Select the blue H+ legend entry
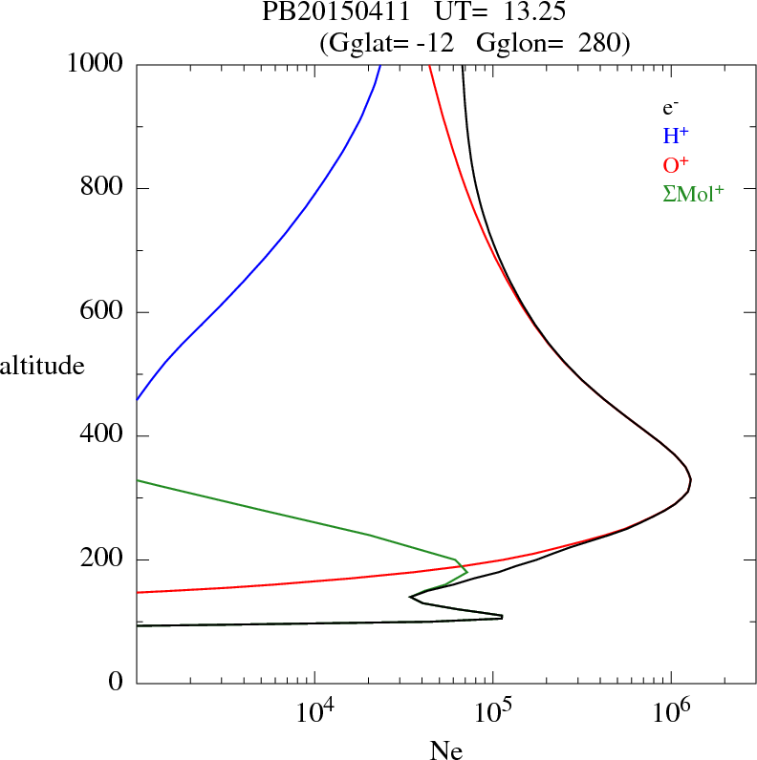click(677, 137)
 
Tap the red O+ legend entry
click(676, 164)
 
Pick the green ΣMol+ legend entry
click(693, 192)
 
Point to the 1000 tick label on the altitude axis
click(97, 64)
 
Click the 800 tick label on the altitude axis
click(103, 188)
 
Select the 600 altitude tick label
click(103, 312)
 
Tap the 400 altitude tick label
click(103, 436)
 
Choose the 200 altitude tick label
click(103, 559)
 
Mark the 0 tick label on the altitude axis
click(118, 684)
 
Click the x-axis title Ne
click(445, 750)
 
